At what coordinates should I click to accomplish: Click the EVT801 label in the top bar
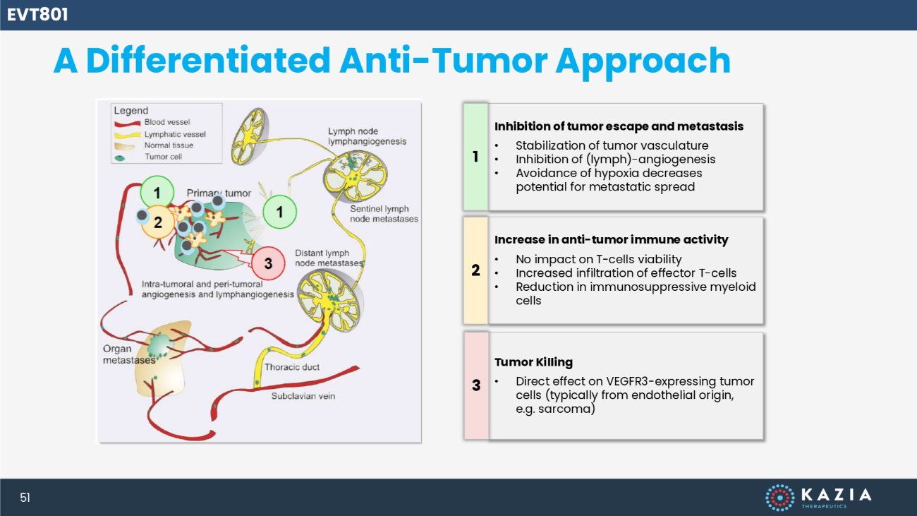tap(37, 15)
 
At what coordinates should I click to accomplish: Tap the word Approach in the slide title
tap(643, 62)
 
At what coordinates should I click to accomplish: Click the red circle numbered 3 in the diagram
tap(268, 263)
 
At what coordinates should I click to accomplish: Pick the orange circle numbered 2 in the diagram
tap(158, 222)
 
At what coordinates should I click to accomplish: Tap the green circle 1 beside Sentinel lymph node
tap(279, 212)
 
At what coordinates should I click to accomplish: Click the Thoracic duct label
tap(292, 367)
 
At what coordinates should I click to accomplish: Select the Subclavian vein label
tap(303, 396)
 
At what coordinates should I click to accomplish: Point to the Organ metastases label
tap(129, 354)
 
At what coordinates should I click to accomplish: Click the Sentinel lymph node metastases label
tap(384, 214)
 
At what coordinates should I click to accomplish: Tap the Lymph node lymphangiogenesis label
tap(368, 136)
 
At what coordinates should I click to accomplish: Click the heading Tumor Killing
tap(533, 362)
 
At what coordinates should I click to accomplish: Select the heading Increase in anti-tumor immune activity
tap(611, 239)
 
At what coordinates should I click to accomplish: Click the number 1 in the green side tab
tap(475, 157)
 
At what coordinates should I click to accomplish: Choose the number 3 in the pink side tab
tap(476, 385)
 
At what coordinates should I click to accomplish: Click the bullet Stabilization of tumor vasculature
tap(612, 145)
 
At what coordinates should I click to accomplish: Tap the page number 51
tap(25, 498)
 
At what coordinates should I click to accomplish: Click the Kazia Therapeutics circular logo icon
tap(780, 498)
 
